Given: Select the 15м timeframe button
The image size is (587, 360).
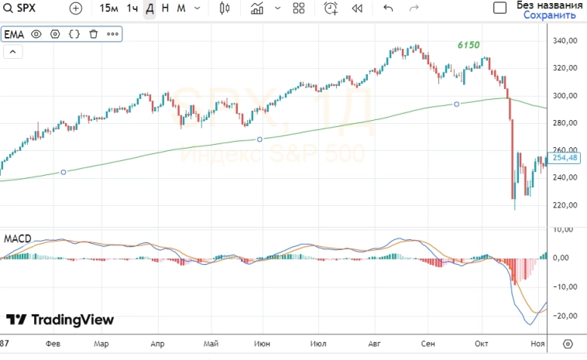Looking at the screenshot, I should click(x=108, y=9).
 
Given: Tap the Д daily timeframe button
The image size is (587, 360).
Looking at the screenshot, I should click(x=149, y=9).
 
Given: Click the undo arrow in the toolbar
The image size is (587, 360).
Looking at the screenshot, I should click(x=388, y=9).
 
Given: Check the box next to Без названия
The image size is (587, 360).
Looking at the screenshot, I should click(x=500, y=8).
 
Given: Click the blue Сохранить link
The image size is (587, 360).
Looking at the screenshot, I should click(x=549, y=15).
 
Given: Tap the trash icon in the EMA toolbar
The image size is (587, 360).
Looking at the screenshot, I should click(x=94, y=35).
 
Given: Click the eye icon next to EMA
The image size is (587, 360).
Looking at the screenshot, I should click(x=36, y=35).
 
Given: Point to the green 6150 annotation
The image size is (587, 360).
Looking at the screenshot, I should click(x=468, y=46).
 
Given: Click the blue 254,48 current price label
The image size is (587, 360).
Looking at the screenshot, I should click(x=566, y=158).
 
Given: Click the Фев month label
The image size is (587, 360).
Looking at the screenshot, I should click(x=53, y=343).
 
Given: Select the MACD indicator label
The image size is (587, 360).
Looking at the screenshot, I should click(x=17, y=238).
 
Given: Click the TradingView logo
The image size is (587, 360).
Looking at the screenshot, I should click(x=60, y=320).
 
